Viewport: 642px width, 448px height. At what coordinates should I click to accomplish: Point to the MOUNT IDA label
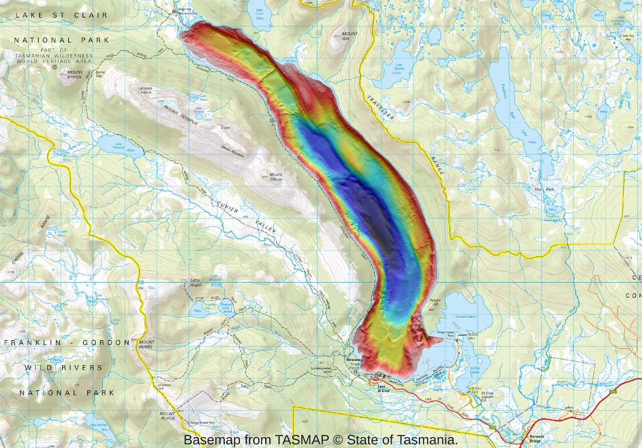350,36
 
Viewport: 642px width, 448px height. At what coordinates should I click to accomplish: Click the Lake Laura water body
259,14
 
